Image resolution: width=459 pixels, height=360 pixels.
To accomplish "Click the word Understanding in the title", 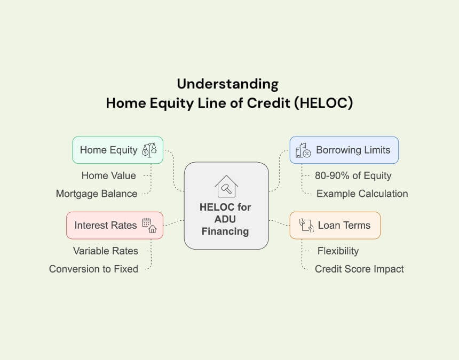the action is pyautogui.click(x=228, y=84).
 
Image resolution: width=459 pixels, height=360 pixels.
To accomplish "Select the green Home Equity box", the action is pyautogui.click(x=117, y=150).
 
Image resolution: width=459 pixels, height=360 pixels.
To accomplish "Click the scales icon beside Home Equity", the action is pyautogui.click(x=149, y=150).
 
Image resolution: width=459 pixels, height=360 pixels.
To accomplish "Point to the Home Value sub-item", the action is pyautogui.click(x=108, y=175).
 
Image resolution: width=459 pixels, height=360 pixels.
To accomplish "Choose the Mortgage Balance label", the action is pyautogui.click(x=97, y=194).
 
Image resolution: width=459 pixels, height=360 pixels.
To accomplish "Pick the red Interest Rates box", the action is pyautogui.click(x=115, y=226).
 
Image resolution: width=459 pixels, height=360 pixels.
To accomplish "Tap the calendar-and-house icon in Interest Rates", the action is pyautogui.click(x=149, y=226).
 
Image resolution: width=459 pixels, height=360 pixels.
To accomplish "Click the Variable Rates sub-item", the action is pyautogui.click(x=105, y=251).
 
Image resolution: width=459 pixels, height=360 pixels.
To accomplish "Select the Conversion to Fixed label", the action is pyautogui.click(x=94, y=269).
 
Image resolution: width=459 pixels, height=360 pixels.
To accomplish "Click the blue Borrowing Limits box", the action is pyautogui.click(x=344, y=150).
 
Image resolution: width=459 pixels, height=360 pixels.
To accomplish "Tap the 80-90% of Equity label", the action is pyautogui.click(x=353, y=175).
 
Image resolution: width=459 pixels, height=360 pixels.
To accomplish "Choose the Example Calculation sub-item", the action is pyautogui.click(x=362, y=194).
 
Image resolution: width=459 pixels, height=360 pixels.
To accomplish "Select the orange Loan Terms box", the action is pyautogui.click(x=335, y=226).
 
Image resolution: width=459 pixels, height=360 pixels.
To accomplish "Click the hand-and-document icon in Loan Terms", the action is pyautogui.click(x=306, y=226).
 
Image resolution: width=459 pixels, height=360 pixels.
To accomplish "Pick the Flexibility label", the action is pyautogui.click(x=338, y=251).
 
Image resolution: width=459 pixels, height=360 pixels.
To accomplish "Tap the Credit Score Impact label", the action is pyautogui.click(x=359, y=269).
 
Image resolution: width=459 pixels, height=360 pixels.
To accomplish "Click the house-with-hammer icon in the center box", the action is pyautogui.click(x=226, y=186).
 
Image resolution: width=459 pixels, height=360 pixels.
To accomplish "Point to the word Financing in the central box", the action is pyautogui.click(x=225, y=231).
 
